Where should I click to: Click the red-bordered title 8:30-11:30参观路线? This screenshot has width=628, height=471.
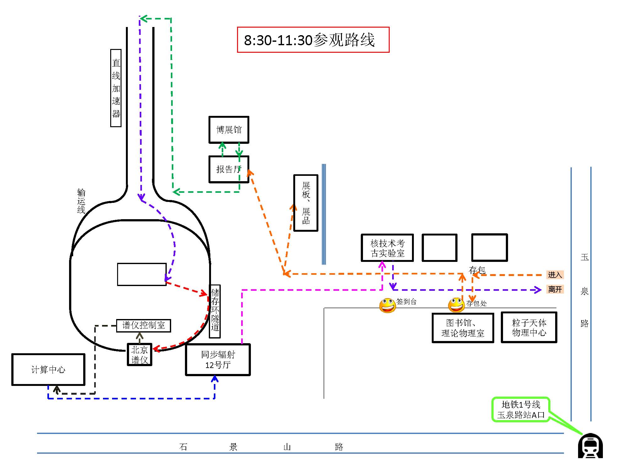coord(313,40)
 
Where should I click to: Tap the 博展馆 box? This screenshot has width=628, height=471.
coord(229,130)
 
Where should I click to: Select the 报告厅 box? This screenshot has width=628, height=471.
coord(229,169)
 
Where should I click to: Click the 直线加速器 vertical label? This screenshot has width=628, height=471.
coord(116,88)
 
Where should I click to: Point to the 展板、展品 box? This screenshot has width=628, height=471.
coord(306,203)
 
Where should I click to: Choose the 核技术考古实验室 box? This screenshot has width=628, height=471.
coord(387,248)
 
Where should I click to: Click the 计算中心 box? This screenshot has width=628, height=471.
coord(48,370)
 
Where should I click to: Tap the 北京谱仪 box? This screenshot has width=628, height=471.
coord(139,355)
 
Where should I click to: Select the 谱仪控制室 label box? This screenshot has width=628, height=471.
coord(143,325)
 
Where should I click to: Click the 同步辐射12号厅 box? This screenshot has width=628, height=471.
coord(218,360)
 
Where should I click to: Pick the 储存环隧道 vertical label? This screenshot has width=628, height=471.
coord(215,311)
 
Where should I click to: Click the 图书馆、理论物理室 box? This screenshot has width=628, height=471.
coord(463,328)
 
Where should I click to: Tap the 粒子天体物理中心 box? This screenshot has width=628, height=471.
coord(529,327)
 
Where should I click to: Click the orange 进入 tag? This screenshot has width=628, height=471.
coord(555,275)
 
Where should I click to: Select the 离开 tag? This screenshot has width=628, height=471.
coord(555,289)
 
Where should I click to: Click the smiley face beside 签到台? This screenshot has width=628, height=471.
coord(387,305)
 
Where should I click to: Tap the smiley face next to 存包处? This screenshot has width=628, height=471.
coord(456,305)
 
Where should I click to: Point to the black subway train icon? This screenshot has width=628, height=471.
coord(590,446)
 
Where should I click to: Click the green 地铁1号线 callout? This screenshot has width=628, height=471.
coord(521,409)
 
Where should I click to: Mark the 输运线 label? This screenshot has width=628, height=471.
coord(81,201)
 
